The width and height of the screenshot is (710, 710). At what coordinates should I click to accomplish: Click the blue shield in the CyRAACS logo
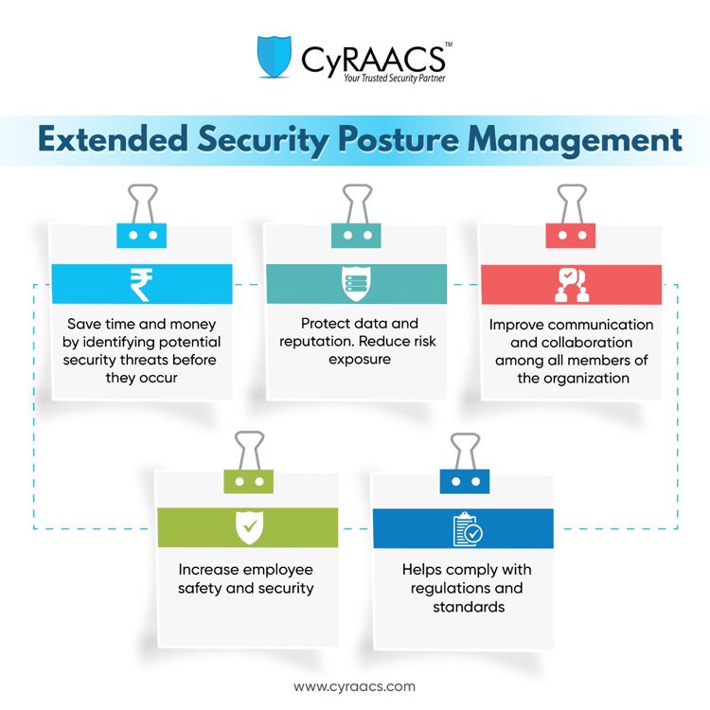click(x=274, y=57)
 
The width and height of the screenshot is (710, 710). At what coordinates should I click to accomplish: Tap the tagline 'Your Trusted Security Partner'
click(x=394, y=79)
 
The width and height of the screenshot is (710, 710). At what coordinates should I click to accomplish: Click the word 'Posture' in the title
click(x=399, y=140)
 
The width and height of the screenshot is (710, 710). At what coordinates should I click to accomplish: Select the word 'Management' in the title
click(x=575, y=140)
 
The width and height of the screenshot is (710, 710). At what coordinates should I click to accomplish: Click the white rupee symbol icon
click(x=141, y=284)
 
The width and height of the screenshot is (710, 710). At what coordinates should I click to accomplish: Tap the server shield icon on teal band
click(x=356, y=284)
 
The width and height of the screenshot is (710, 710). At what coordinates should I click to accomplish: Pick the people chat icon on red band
click(x=572, y=285)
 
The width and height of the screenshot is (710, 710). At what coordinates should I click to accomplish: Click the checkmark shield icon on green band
click(x=250, y=527)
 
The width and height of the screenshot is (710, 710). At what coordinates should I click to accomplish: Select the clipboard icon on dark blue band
click(x=468, y=529)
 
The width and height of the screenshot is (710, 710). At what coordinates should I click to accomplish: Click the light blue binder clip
click(x=142, y=217)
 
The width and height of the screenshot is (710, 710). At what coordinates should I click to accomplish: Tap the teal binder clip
click(x=356, y=217)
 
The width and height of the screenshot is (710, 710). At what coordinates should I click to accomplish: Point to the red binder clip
click(x=571, y=217)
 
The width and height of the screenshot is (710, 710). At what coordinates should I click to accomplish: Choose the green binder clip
click(x=249, y=462)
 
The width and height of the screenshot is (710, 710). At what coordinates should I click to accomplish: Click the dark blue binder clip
click(x=465, y=463)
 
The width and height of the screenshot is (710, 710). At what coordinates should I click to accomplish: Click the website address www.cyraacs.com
click(x=355, y=686)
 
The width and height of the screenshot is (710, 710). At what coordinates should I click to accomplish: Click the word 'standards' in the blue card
click(x=469, y=607)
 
